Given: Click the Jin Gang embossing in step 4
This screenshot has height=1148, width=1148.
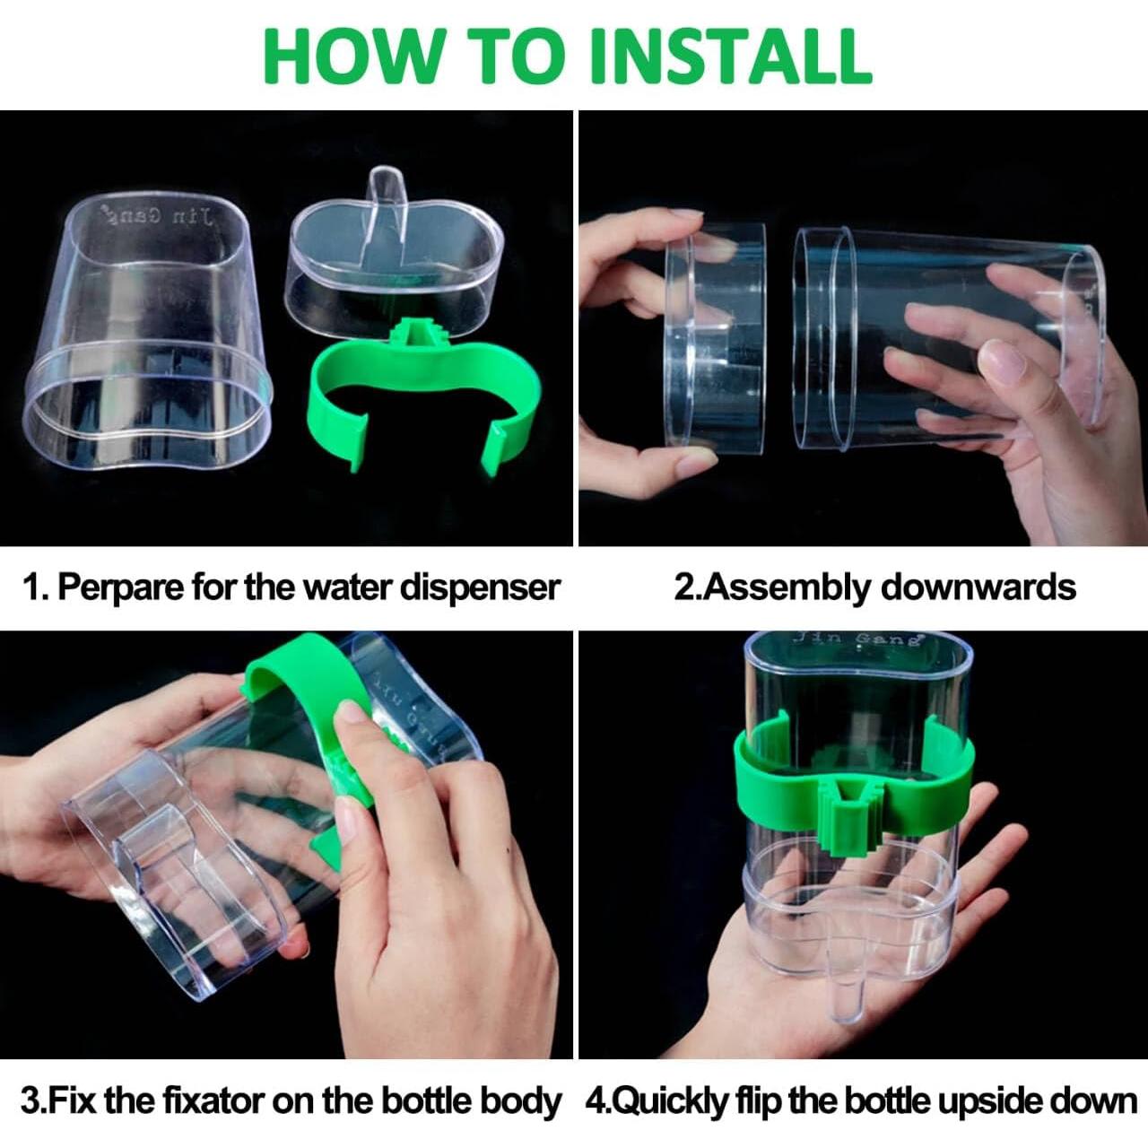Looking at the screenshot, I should pyautogui.click(x=857, y=639).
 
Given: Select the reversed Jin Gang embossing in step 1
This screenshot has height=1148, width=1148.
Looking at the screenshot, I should pyautogui.click(x=156, y=216).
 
